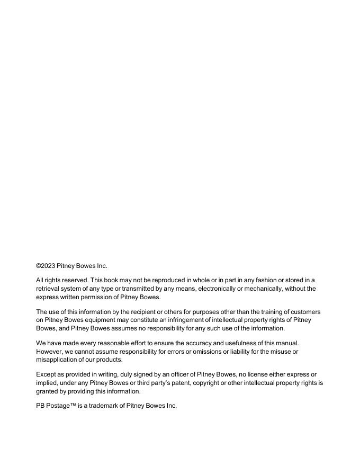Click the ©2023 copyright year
click(x=46, y=266)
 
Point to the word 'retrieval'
click(x=49, y=289)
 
